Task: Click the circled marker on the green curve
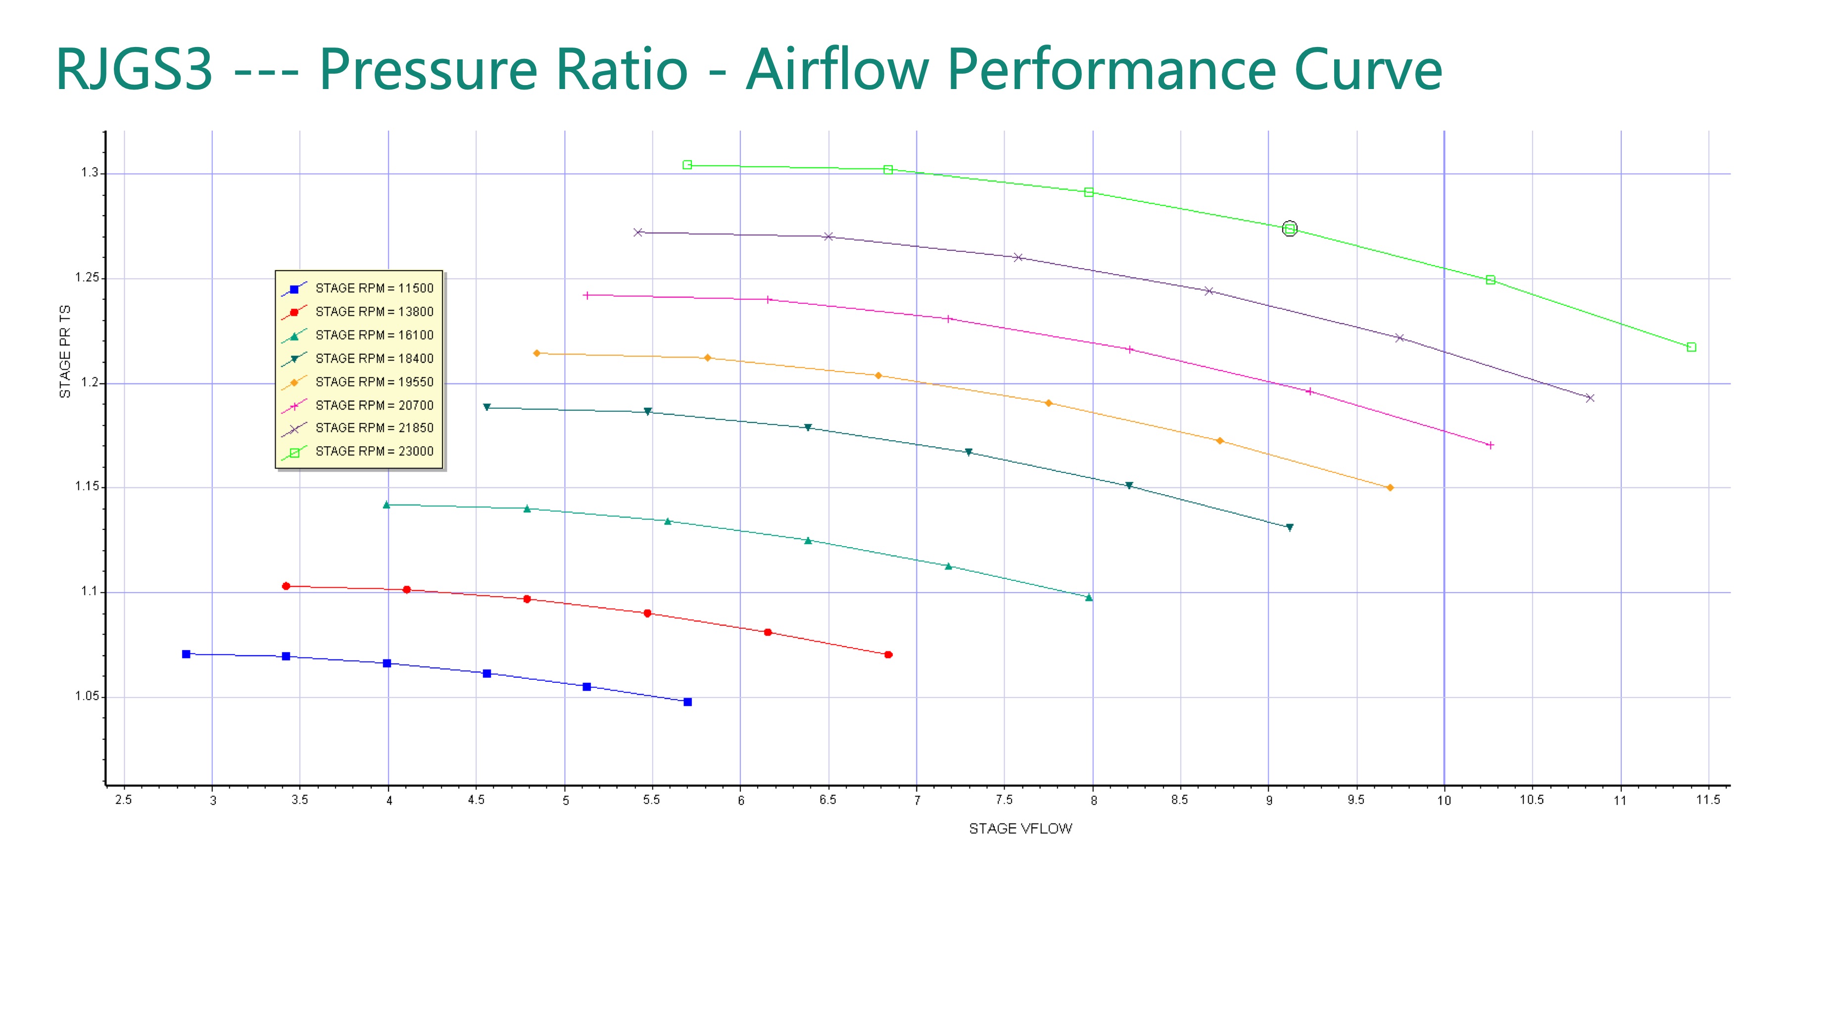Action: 1289,229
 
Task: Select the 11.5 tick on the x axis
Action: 1708,800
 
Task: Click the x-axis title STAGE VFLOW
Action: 1020,828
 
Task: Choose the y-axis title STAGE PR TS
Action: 65,351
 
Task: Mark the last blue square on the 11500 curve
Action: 687,702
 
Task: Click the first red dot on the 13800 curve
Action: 286,586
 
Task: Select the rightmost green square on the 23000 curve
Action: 1691,347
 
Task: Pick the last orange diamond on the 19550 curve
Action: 1390,488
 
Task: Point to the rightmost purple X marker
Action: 1590,398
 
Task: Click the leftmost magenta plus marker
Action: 587,295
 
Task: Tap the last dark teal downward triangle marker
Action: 1289,527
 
